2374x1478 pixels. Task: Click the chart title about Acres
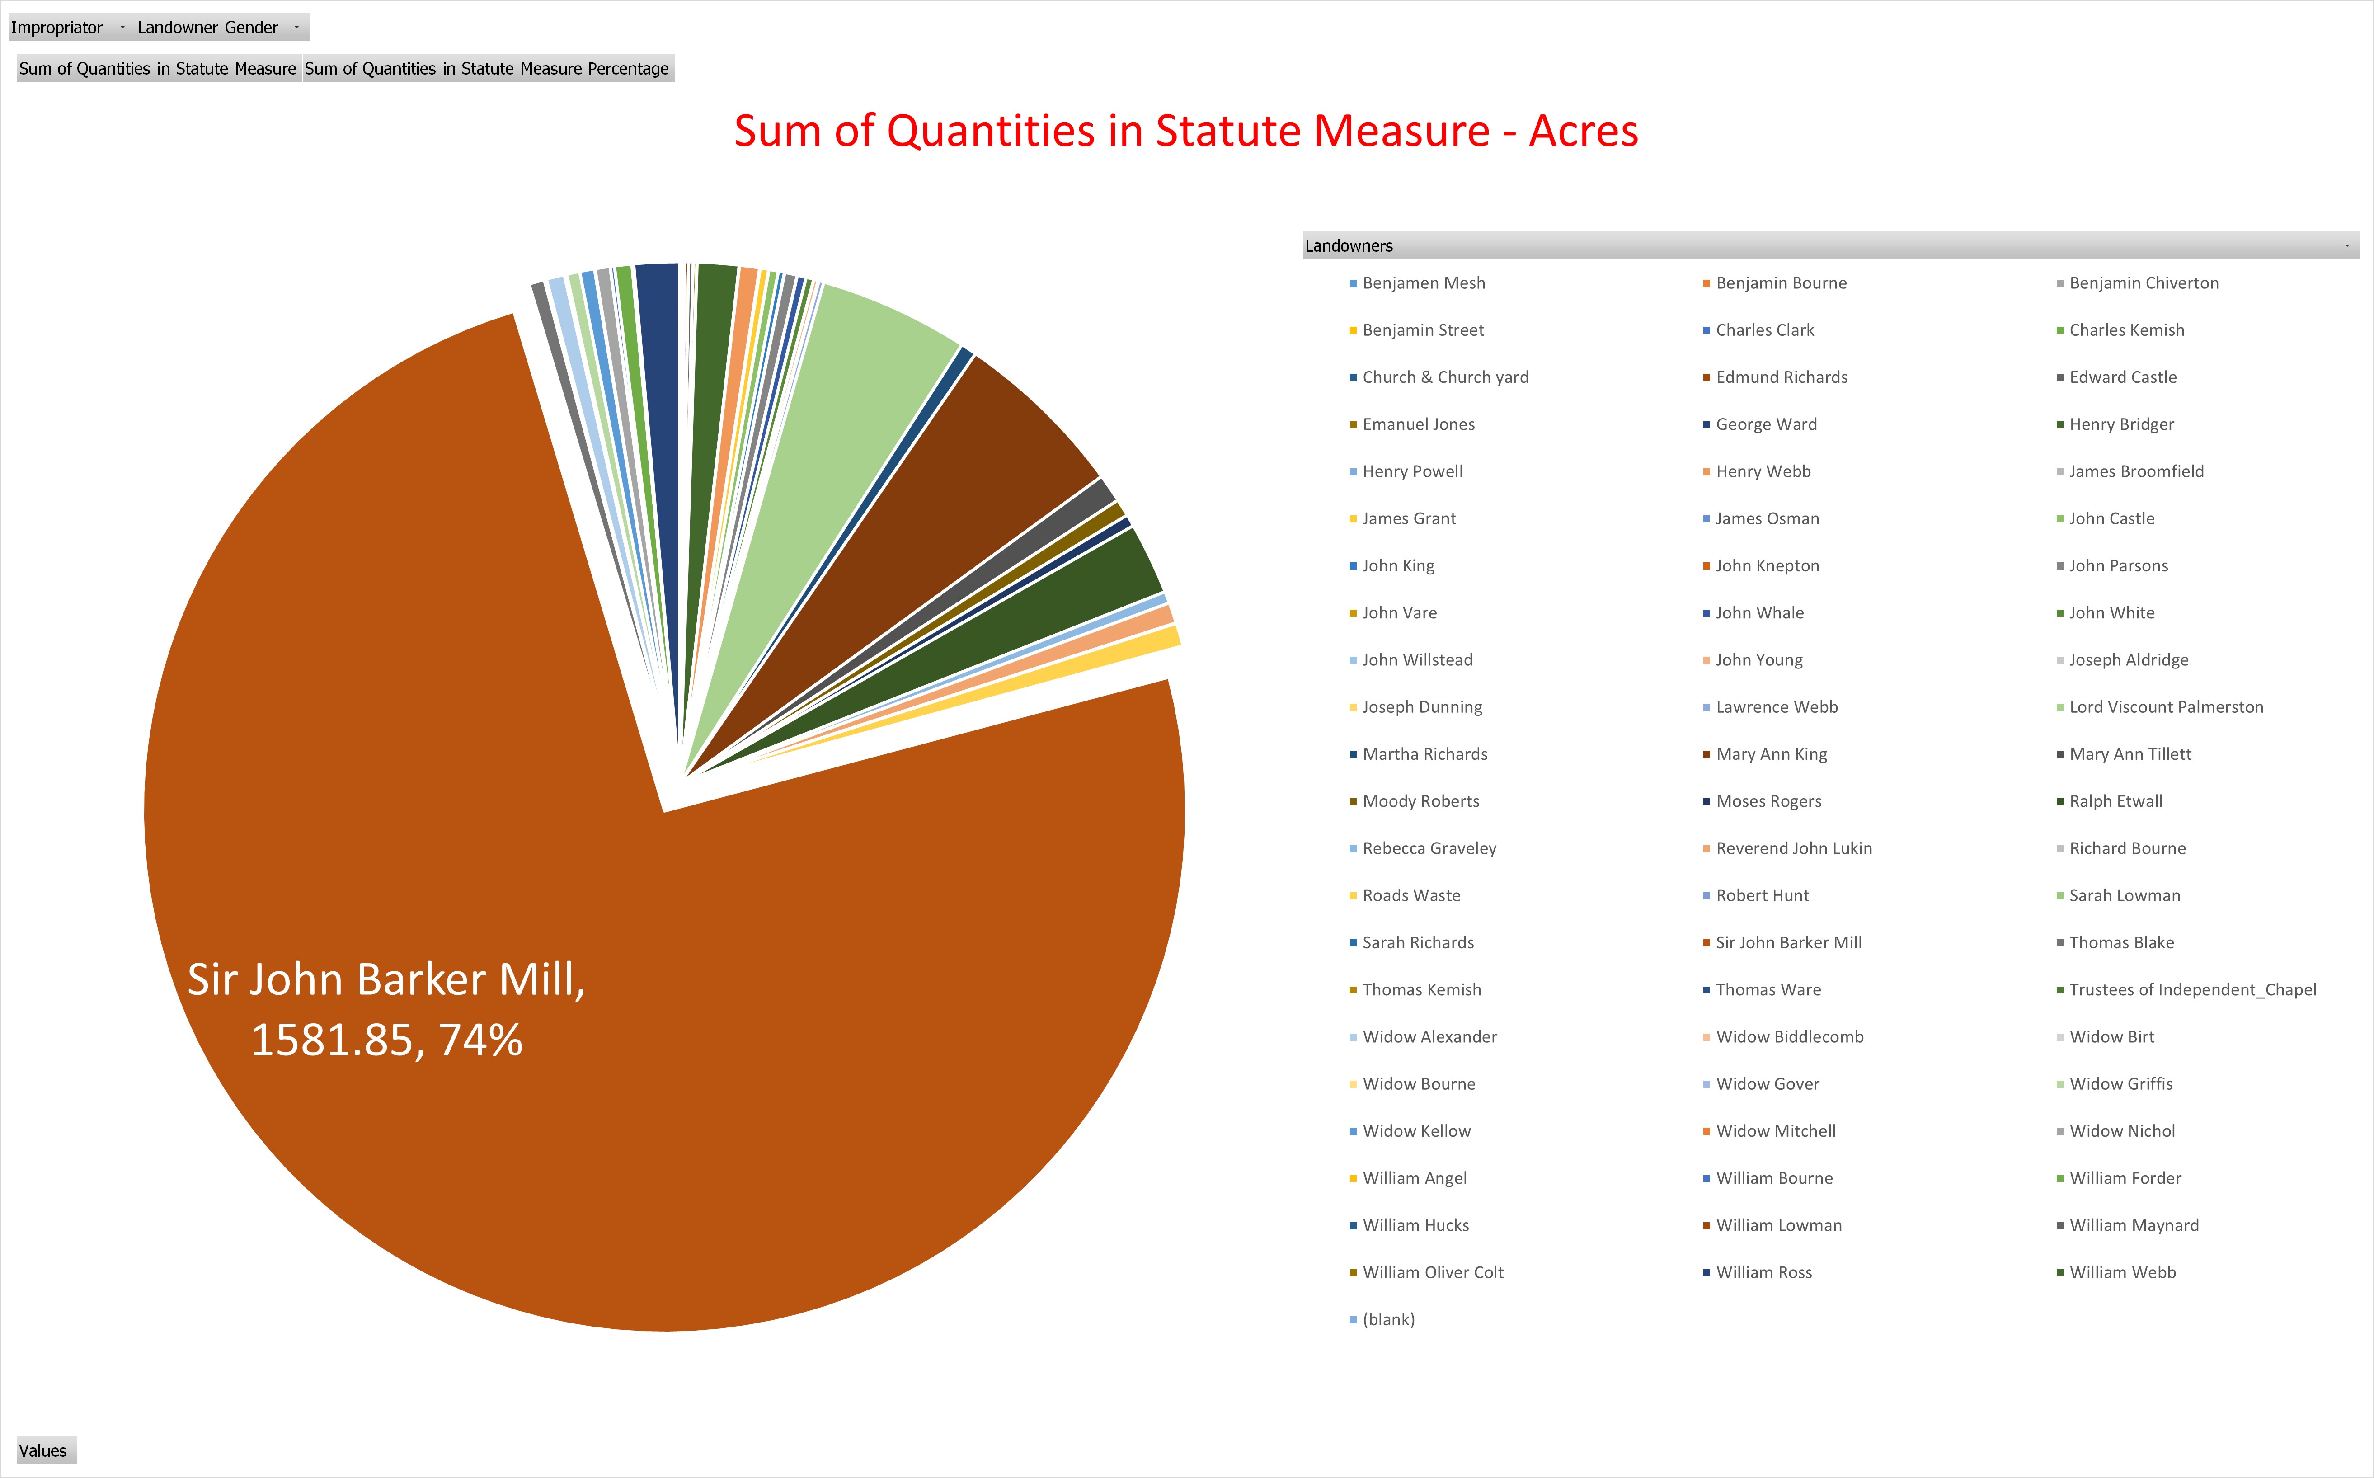pyautogui.click(x=1185, y=131)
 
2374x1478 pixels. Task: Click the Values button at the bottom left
pyautogui.click(x=44, y=1450)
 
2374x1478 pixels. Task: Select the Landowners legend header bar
pyautogui.click(x=1828, y=245)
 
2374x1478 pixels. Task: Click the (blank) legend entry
pyautogui.click(x=1388, y=1320)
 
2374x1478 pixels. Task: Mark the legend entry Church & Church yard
pyautogui.click(x=1444, y=377)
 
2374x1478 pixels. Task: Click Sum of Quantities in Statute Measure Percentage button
pyautogui.click(x=487, y=68)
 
